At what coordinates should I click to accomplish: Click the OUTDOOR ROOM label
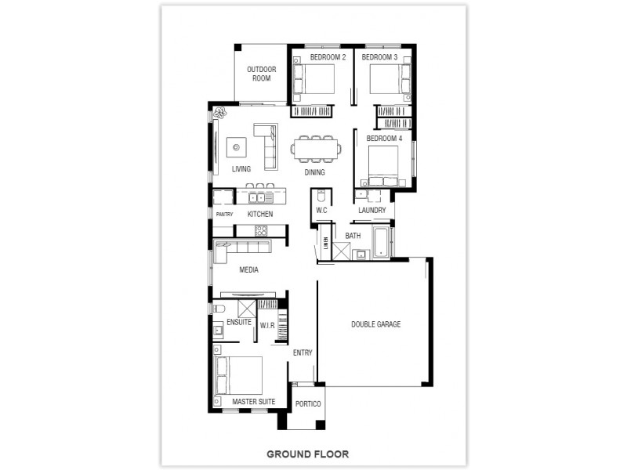click(x=260, y=74)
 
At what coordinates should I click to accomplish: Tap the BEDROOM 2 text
click(x=328, y=57)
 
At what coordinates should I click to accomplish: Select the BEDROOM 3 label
click(x=379, y=57)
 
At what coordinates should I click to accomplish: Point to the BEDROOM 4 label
click(x=384, y=139)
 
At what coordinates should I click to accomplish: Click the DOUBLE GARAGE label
click(x=375, y=324)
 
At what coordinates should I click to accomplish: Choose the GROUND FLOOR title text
click(x=307, y=454)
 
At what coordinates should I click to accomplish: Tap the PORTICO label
click(x=308, y=404)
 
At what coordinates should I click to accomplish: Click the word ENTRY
click(x=303, y=352)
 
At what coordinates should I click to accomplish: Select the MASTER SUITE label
click(x=253, y=402)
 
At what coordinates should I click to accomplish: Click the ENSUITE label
click(x=238, y=322)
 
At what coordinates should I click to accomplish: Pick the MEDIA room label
click(x=248, y=270)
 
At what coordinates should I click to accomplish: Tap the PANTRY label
click(x=224, y=214)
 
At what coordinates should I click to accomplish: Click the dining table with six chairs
click(x=316, y=147)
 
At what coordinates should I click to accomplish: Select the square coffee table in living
click(x=236, y=146)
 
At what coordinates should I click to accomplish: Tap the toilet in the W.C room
click(x=321, y=195)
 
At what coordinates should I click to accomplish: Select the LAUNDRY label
click(x=372, y=211)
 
